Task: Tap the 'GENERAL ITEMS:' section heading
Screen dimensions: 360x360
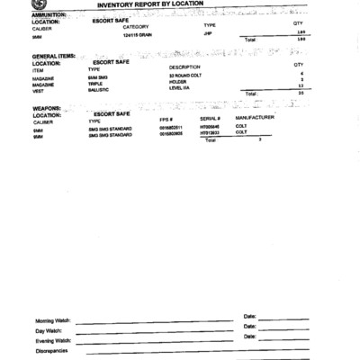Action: tap(52, 57)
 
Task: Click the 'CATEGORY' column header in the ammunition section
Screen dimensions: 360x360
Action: tap(135, 27)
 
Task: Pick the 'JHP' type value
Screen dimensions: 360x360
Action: tap(207, 33)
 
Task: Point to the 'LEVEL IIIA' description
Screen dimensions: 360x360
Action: tap(183, 87)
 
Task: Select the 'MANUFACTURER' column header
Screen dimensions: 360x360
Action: tap(255, 119)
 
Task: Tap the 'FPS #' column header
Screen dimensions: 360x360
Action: tap(166, 120)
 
